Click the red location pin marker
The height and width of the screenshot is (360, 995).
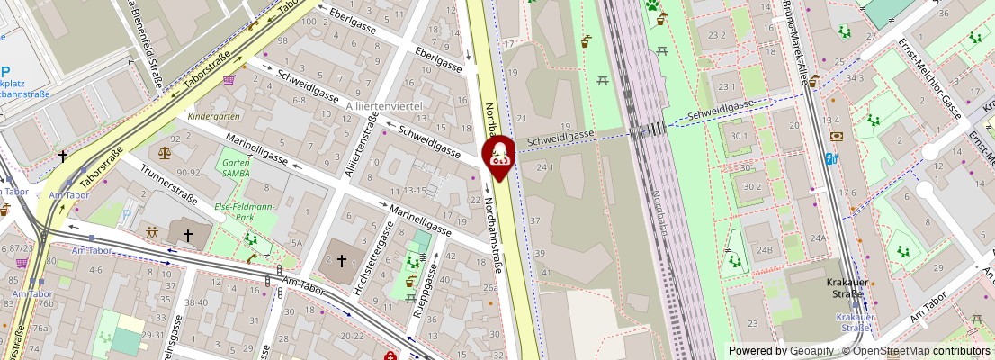tap(498, 154)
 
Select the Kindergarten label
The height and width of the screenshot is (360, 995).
tap(213, 117)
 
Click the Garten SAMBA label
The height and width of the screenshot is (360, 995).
tap(236, 167)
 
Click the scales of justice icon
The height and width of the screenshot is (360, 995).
tap(163, 140)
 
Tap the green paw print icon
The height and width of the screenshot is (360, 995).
tap(651, 5)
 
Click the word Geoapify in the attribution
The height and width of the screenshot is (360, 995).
tap(812, 350)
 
